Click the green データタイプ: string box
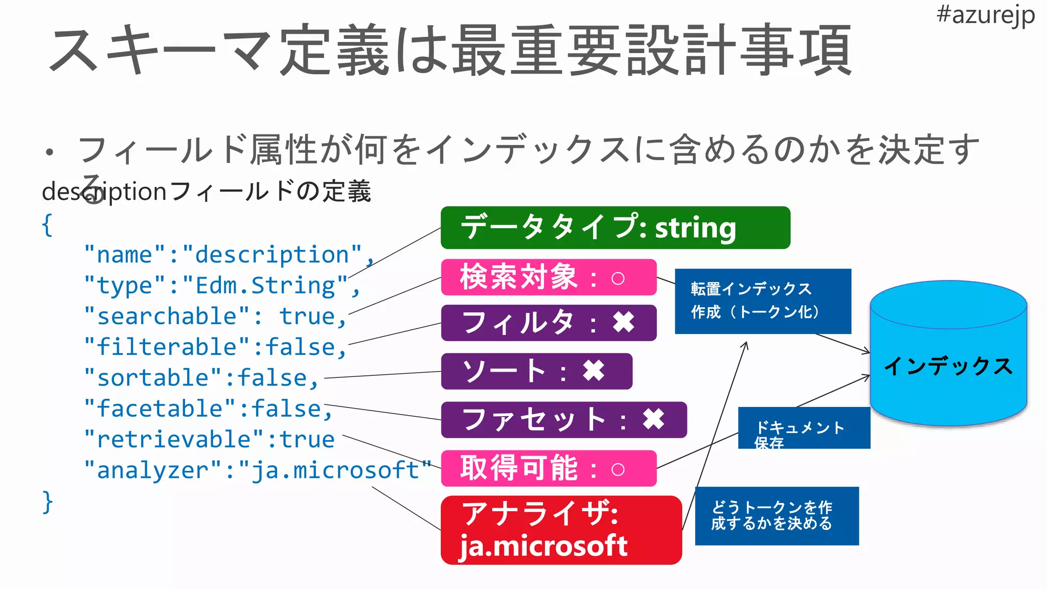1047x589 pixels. [x=615, y=228]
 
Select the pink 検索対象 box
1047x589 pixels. [x=548, y=277]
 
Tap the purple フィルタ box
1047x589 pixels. [x=548, y=323]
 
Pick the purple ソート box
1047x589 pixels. [x=536, y=371]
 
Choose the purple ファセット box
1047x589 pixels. [x=563, y=420]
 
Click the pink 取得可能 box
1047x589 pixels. [x=548, y=468]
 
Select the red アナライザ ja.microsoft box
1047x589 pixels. [x=561, y=530]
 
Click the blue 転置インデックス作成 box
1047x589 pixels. [x=762, y=301]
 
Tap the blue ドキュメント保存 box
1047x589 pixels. [x=804, y=428]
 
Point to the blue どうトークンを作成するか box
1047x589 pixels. [x=776, y=516]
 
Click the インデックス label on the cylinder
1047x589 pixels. [x=948, y=366]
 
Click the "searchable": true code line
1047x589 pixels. [x=215, y=316]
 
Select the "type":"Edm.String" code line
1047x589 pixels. [x=222, y=286]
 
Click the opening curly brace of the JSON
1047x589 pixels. [x=47, y=224]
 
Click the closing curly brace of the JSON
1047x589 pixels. [x=47, y=502]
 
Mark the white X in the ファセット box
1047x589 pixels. [x=653, y=420]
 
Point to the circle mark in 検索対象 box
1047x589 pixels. [x=618, y=279]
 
